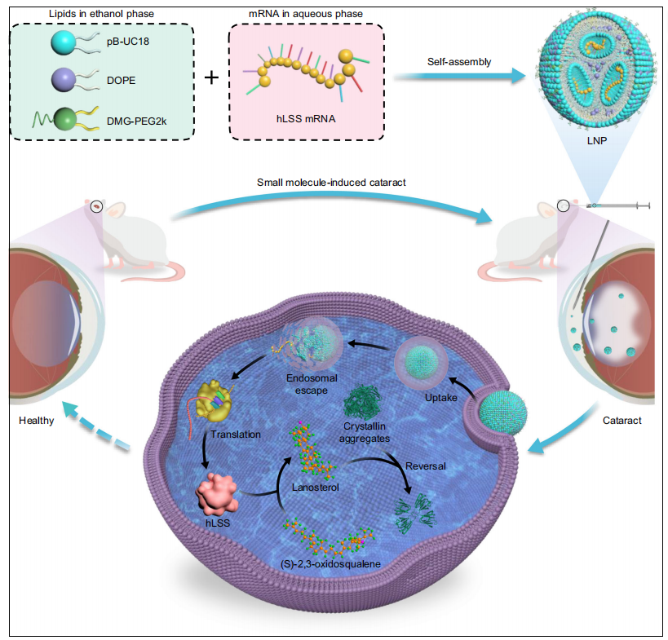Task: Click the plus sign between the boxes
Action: pyautogui.click(x=212, y=79)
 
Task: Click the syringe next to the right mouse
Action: pyautogui.click(x=624, y=207)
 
